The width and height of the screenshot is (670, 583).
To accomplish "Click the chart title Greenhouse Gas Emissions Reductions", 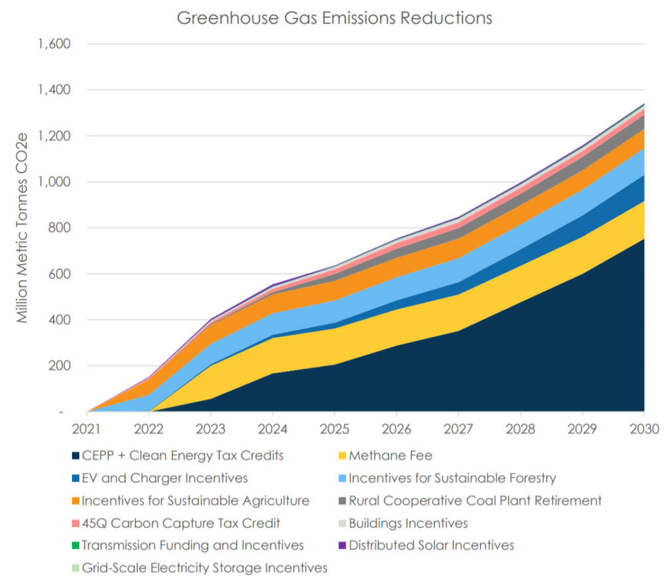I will click(x=334, y=18).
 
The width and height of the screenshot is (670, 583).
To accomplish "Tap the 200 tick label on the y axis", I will click(x=59, y=366).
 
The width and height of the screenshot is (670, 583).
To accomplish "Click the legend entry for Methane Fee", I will click(x=391, y=456).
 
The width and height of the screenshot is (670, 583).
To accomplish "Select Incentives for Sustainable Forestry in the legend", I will click(x=452, y=478).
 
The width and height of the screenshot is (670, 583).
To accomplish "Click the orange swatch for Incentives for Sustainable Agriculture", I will click(x=75, y=501).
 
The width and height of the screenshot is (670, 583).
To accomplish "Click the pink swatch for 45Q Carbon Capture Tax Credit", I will click(x=75, y=523).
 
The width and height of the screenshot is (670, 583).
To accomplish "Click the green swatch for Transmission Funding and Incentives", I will click(x=75, y=546).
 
